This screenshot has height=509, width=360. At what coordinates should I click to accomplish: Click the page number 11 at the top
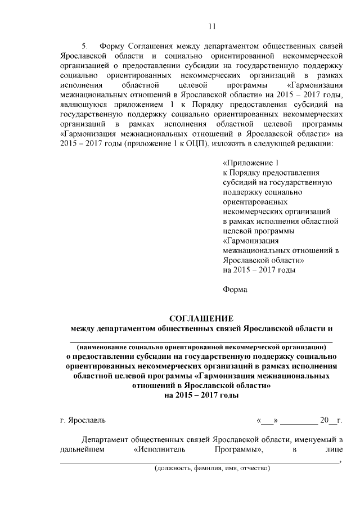tap(211, 26)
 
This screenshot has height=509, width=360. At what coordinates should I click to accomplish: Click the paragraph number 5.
tap(85, 46)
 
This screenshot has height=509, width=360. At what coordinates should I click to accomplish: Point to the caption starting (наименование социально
tap(201, 347)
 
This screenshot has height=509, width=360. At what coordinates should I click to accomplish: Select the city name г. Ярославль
tap(82, 420)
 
